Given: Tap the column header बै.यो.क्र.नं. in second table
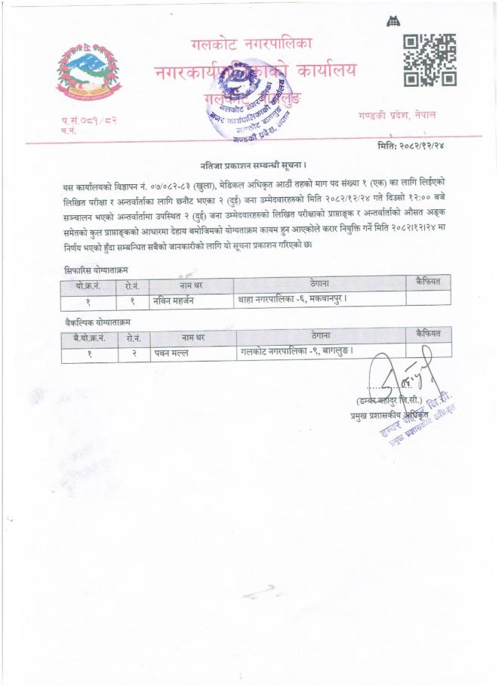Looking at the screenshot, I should [x=89, y=336].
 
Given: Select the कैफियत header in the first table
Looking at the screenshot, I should [x=428, y=282].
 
